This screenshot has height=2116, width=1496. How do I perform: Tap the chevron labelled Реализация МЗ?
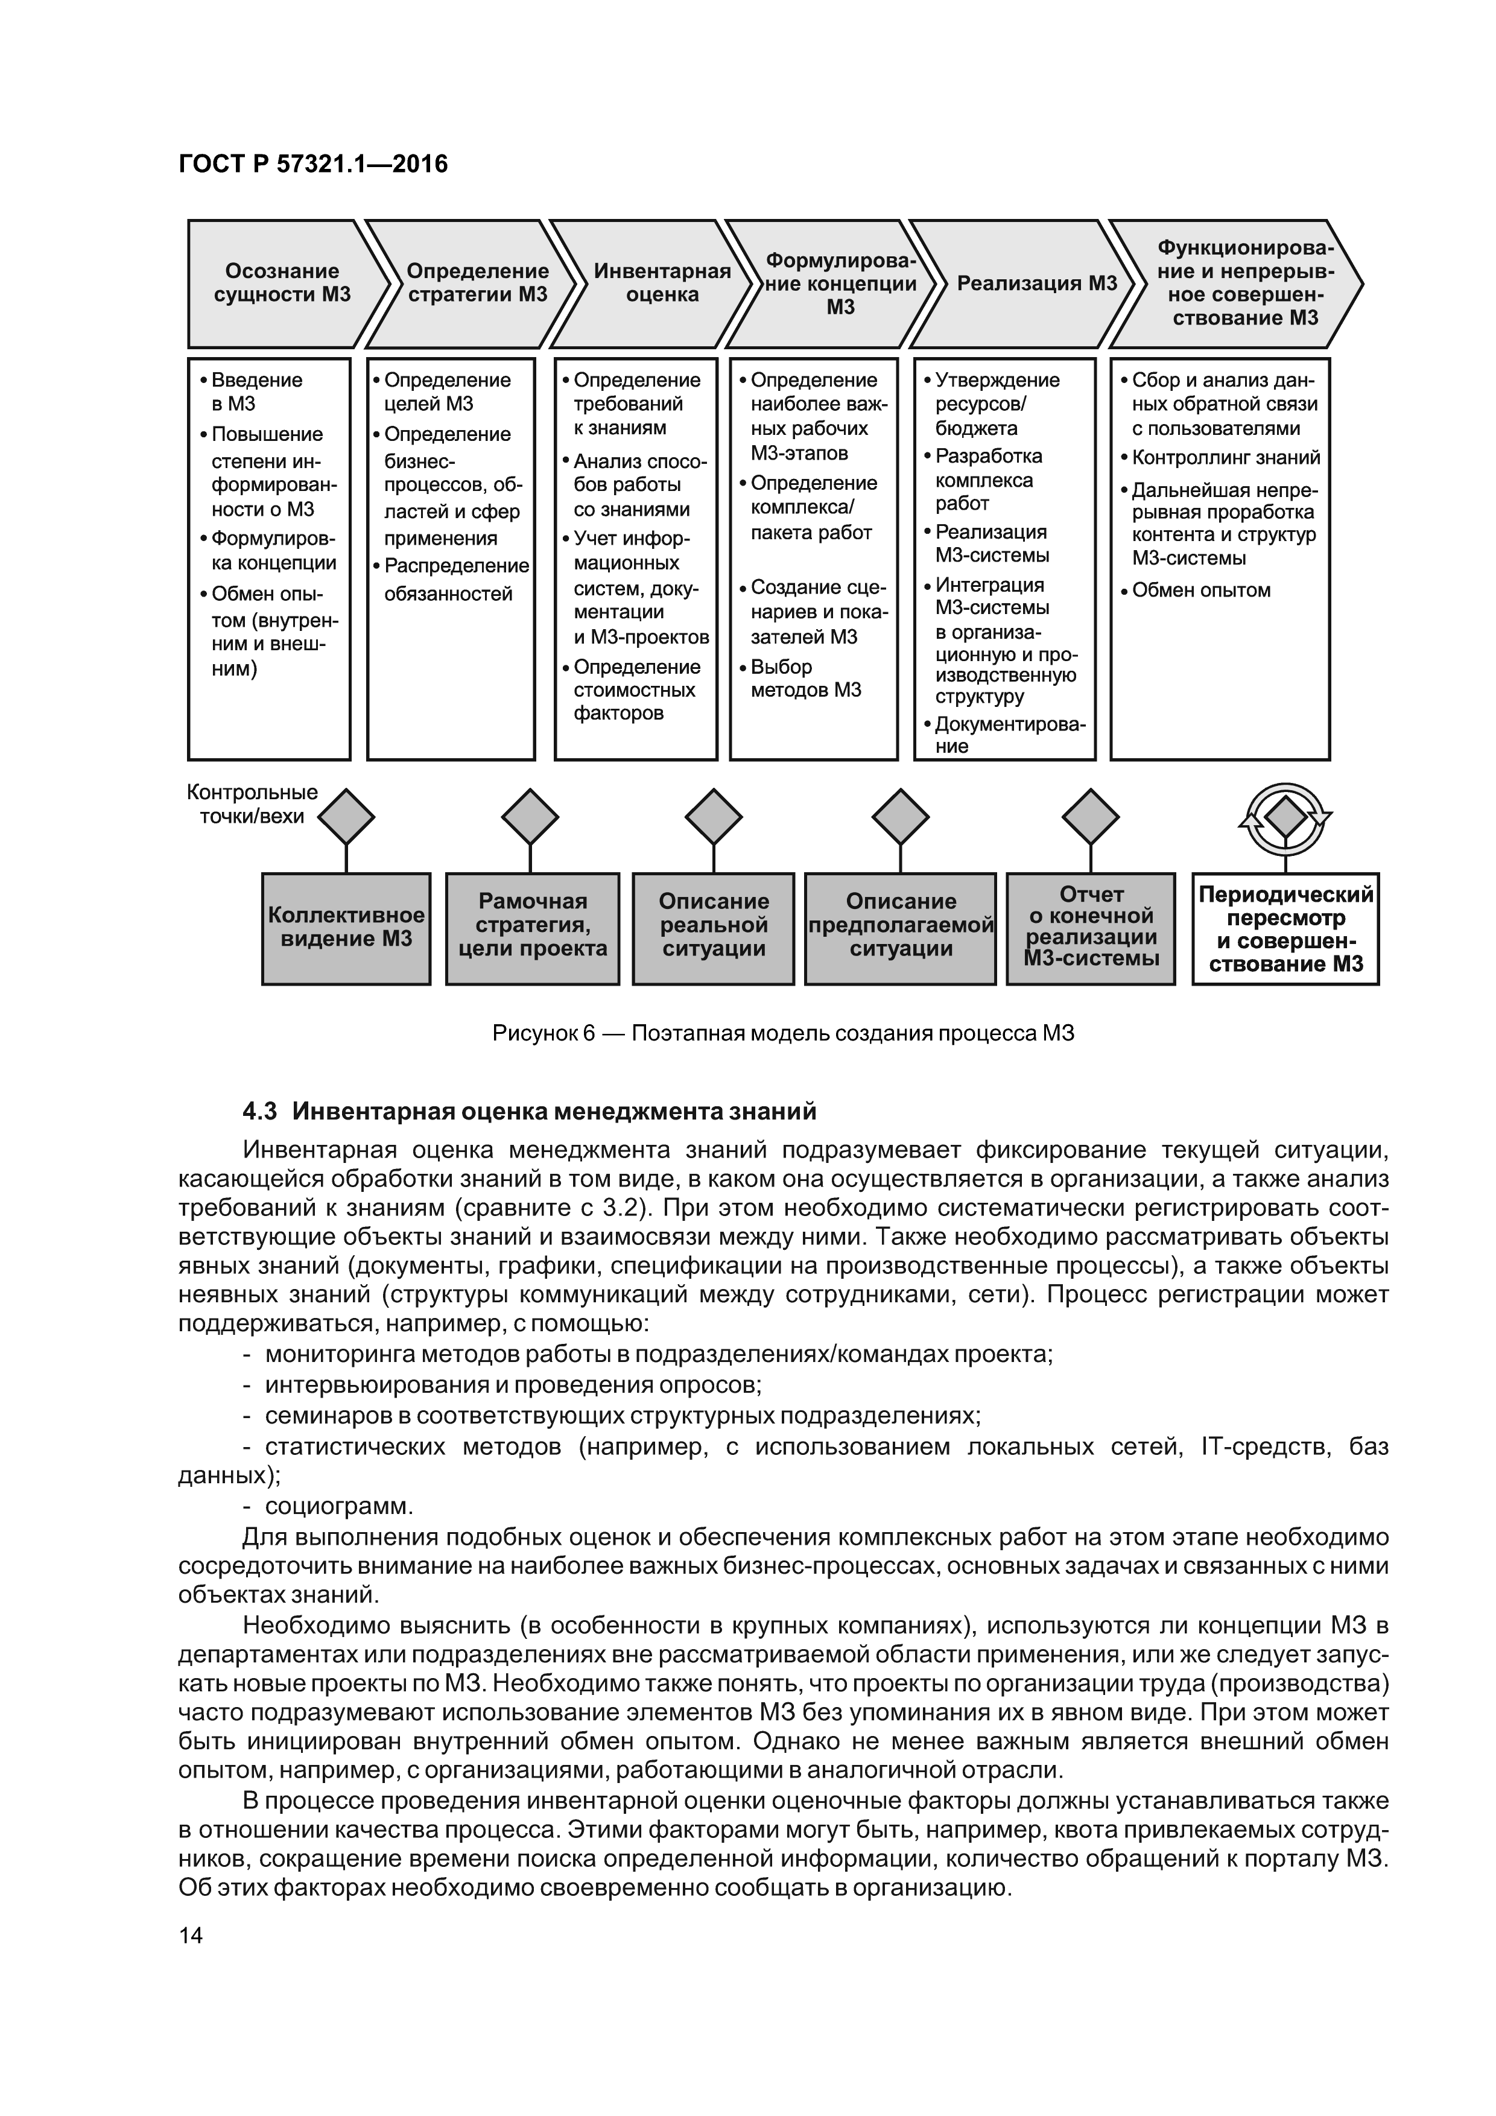pos(1036,283)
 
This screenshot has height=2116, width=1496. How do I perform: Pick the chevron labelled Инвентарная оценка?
pos(661,283)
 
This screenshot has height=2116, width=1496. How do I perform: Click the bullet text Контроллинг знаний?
pos(1225,458)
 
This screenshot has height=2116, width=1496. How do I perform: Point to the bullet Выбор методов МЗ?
pos(805,679)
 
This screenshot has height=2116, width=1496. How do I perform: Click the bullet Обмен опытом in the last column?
pos(1200,591)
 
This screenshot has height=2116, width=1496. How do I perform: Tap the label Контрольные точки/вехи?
pos(252,803)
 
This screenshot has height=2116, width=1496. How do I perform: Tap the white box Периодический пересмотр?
pos(1285,929)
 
